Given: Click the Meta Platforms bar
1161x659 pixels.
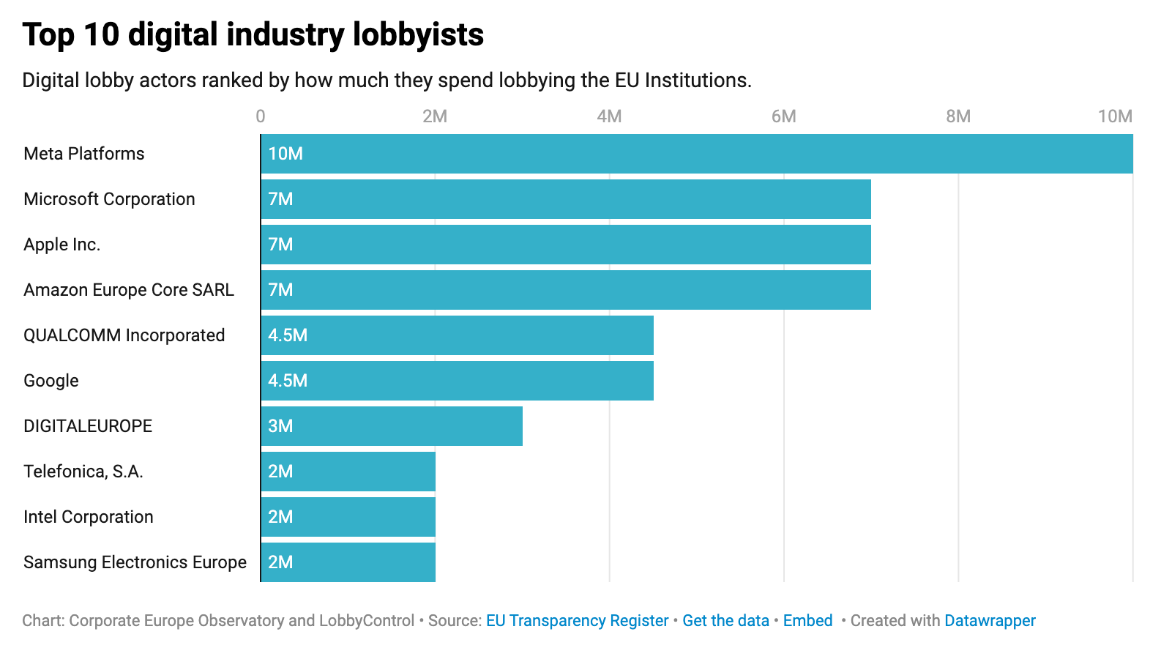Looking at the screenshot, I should click(696, 154).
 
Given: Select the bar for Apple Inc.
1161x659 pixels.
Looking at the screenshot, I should click(565, 245).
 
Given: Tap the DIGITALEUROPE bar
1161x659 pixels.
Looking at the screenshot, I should click(392, 426).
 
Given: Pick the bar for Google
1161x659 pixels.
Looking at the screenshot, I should click(457, 381).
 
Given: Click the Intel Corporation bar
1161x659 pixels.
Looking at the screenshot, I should click(348, 517).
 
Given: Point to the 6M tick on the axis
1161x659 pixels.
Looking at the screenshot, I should click(783, 116).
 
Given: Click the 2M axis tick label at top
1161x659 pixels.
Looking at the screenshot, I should click(435, 116).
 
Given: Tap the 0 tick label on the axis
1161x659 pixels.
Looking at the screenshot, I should click(261, 116).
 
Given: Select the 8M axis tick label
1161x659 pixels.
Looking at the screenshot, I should click(957, 116).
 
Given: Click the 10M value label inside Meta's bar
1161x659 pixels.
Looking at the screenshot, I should click(285, 154).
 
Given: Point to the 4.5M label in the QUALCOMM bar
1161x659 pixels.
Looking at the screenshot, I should click(288, 335).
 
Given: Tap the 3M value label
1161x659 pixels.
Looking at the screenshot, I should click(280, 426).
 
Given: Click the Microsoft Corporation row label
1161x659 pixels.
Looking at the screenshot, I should click(109, 199).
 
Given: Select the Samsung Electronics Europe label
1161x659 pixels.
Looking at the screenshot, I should click(135, 562).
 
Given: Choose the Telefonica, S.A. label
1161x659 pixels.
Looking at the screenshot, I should click(83, 472).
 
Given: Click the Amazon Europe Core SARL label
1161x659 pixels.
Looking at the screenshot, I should click(129, 290).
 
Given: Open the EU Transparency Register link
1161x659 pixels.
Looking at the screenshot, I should click(577, 621).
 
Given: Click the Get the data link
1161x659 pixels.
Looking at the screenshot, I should click(725, 621).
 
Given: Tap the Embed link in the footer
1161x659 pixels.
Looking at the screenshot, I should click(807, 621).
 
